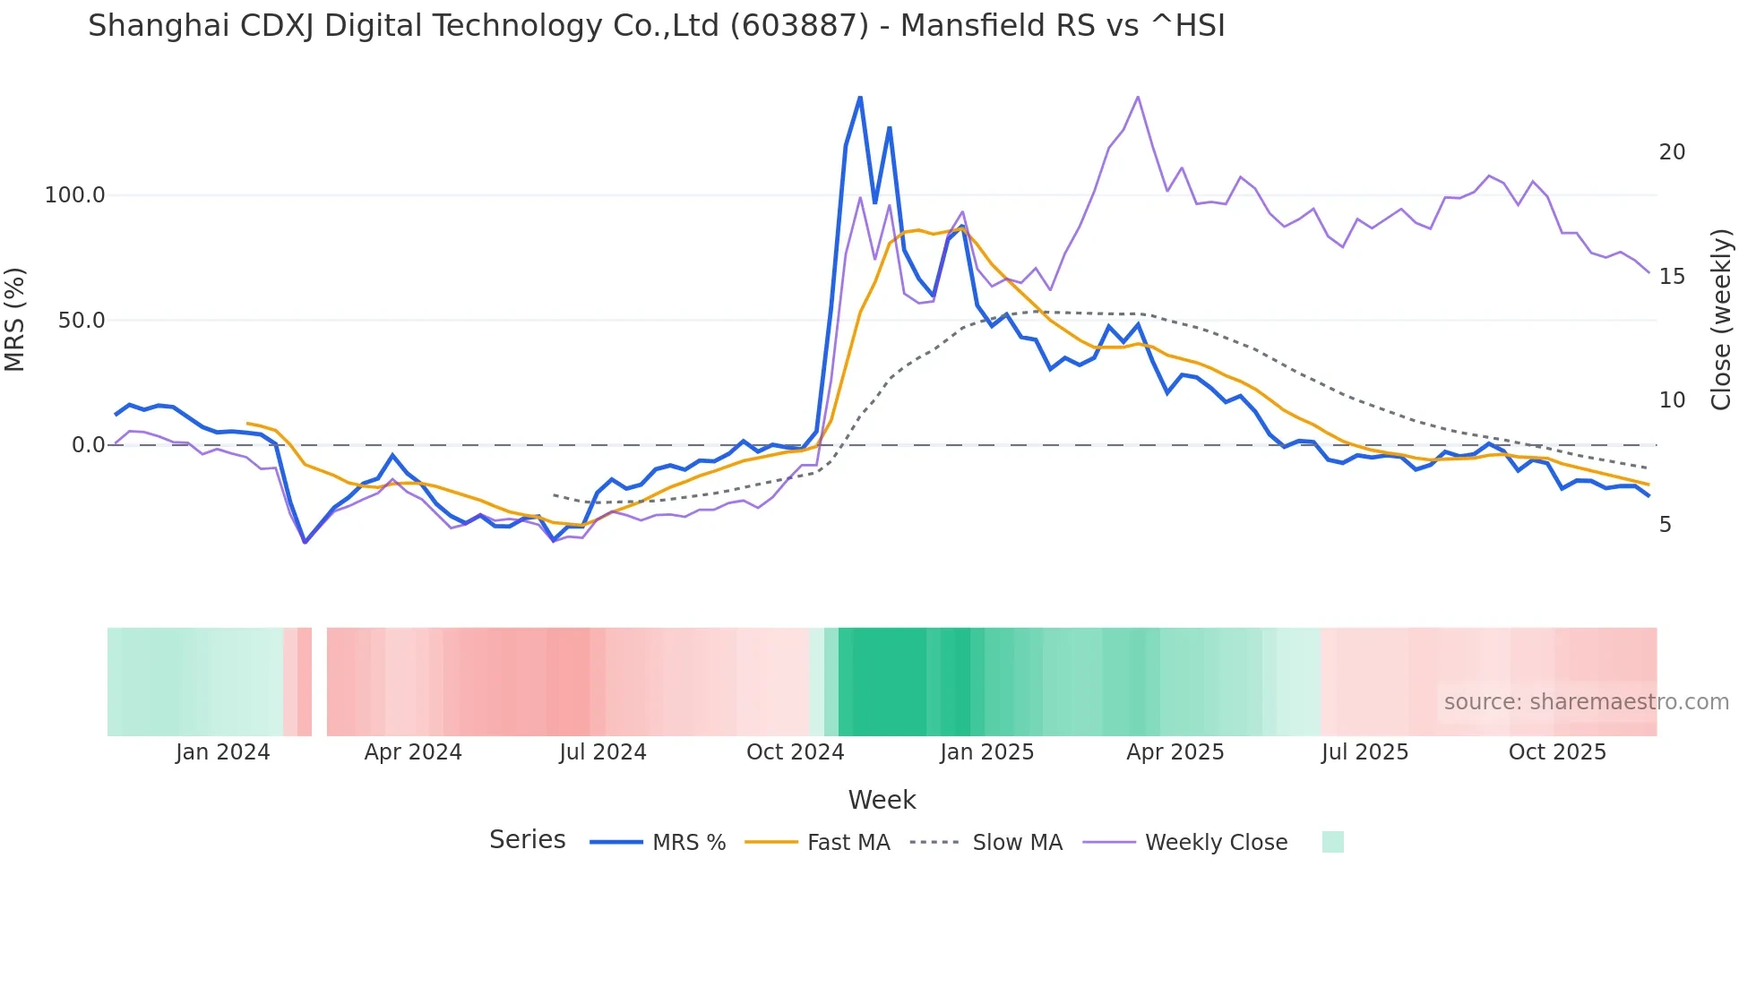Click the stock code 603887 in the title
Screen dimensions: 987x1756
click(x=799, y=26)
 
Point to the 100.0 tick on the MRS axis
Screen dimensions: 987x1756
click(x=75, y=195)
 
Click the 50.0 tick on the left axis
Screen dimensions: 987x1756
click(x=81, y=321)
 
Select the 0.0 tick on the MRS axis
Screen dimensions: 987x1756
click(x=88, y=445)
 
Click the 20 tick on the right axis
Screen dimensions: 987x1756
click(x=1672, y=152)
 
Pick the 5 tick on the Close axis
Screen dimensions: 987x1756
click(x=1665, y=525)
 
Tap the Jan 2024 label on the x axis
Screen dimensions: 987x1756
click(x=222, y=752)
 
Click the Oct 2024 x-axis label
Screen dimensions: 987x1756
click(x=795, y=752)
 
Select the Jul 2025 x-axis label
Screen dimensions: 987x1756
click(x=1364, y=752)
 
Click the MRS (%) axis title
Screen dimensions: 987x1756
click(x=15, y=320)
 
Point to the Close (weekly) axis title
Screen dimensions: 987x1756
click(x=1721, y=320)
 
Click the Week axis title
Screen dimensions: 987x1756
click(x=882, y=800)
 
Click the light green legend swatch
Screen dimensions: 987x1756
click(x=1332, y=842)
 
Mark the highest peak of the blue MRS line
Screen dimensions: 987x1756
click(x=860, y=97)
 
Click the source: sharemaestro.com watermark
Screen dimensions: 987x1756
click(x=1586, y=702)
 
